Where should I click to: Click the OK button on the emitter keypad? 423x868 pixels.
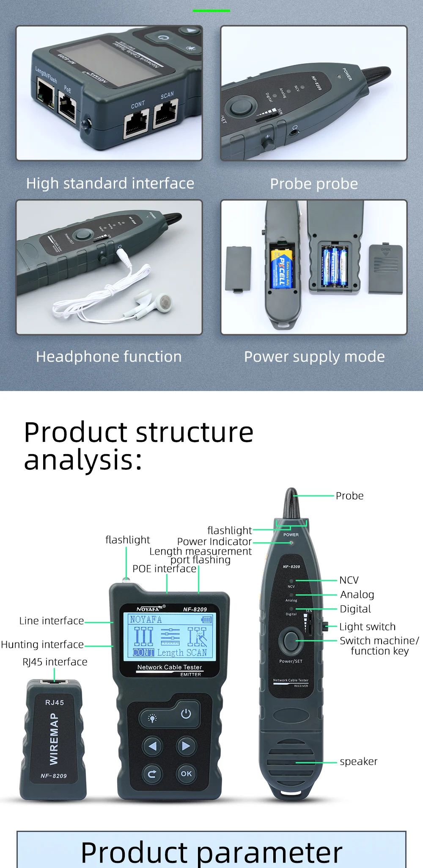[186, 774]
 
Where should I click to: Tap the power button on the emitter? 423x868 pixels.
[186, 714]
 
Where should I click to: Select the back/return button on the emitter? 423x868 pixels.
[152, 774]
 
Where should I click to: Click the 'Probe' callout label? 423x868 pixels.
[349, 496]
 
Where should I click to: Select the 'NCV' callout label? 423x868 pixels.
[349, 580]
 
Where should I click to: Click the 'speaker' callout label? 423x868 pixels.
[358, 761]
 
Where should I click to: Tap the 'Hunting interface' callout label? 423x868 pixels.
[42, 644]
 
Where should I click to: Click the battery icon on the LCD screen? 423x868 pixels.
[206, 619]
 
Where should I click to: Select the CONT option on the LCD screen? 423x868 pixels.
[143, 652]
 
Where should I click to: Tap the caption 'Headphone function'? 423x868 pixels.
[109, 357]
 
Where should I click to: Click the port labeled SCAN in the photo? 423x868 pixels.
[165, 114]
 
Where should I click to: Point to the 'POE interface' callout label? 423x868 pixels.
[165, 568]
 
